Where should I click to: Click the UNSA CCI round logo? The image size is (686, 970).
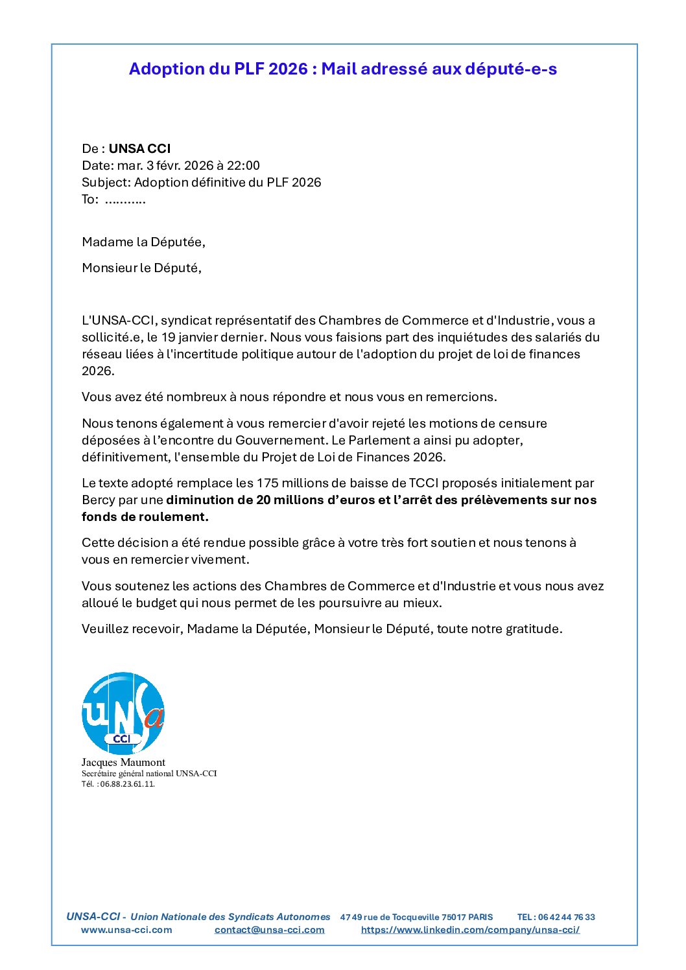pyautogui.click(x=123, y=713)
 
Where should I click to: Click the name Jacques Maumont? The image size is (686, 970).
pyautogui.click(x=123, y=763)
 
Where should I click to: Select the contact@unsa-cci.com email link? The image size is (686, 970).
pyautogui.click(x=269, y=930)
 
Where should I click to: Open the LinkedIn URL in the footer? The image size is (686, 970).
pyautogui.click(x=470, y=930)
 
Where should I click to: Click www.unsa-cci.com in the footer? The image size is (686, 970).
pyautogui.click(x=126, y=930)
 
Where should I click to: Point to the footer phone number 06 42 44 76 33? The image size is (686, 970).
pyautogui.click(x=566, y=917)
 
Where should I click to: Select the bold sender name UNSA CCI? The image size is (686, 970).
pyautogui.click(x=139, y=148)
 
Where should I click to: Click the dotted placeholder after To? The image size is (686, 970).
pyautogui.click(x=125, y=200)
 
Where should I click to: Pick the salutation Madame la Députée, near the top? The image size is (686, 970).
pyautogui.click(x=143, y=242)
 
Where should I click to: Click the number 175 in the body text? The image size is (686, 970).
pyautogui.click(x=268, y=483)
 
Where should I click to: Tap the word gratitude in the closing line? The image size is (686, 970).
pyautogui.click(x=534, y=629)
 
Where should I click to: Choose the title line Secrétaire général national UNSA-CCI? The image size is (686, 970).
pyautogui.click(x=149, y=774)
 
